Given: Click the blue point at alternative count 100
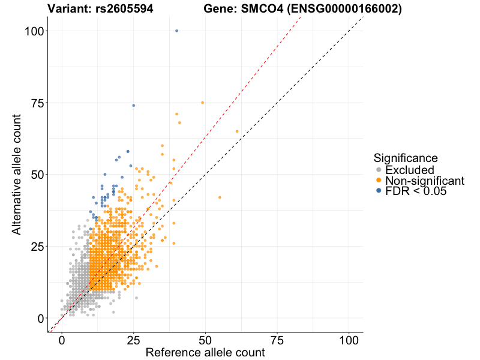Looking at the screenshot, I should click(x=176, y=31).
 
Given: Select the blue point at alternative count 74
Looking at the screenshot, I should click(x=133, y=106).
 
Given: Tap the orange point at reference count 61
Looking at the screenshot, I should click(x=237, y=131).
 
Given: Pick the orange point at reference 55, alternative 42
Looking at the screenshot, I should click(x=220, y=197).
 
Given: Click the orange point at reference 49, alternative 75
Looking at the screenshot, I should click(x=202, y=103).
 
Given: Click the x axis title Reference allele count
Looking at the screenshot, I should click(x=205, y=353).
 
